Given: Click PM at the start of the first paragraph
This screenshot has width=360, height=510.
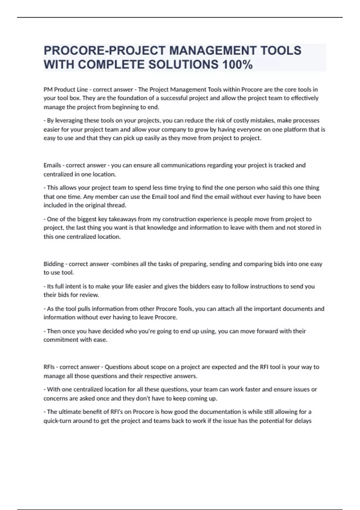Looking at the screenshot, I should tap(48, 89).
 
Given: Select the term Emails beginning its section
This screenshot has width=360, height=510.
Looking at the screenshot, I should tap(52, 165).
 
